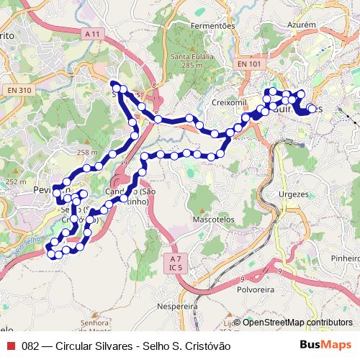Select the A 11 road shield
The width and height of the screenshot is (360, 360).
(x=92, y=34)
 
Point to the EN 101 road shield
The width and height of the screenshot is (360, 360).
(x=249, y=64)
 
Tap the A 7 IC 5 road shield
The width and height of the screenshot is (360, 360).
(x=175, y=263)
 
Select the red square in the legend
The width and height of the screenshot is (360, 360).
(x=10, y=346)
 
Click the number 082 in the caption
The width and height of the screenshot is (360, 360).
(x=30, y=346)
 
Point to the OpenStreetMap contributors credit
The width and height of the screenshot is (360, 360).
(x=294, y=322)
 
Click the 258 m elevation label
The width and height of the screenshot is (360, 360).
(x=87, y=153)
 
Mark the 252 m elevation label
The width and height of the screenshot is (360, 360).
(x=15, y=181)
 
